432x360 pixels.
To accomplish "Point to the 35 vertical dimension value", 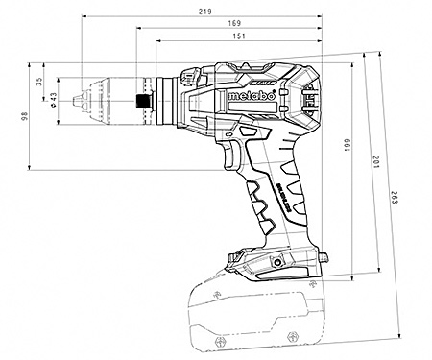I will click(x=39, y=82).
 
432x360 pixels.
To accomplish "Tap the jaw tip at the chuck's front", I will click(x=71, y=99).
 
